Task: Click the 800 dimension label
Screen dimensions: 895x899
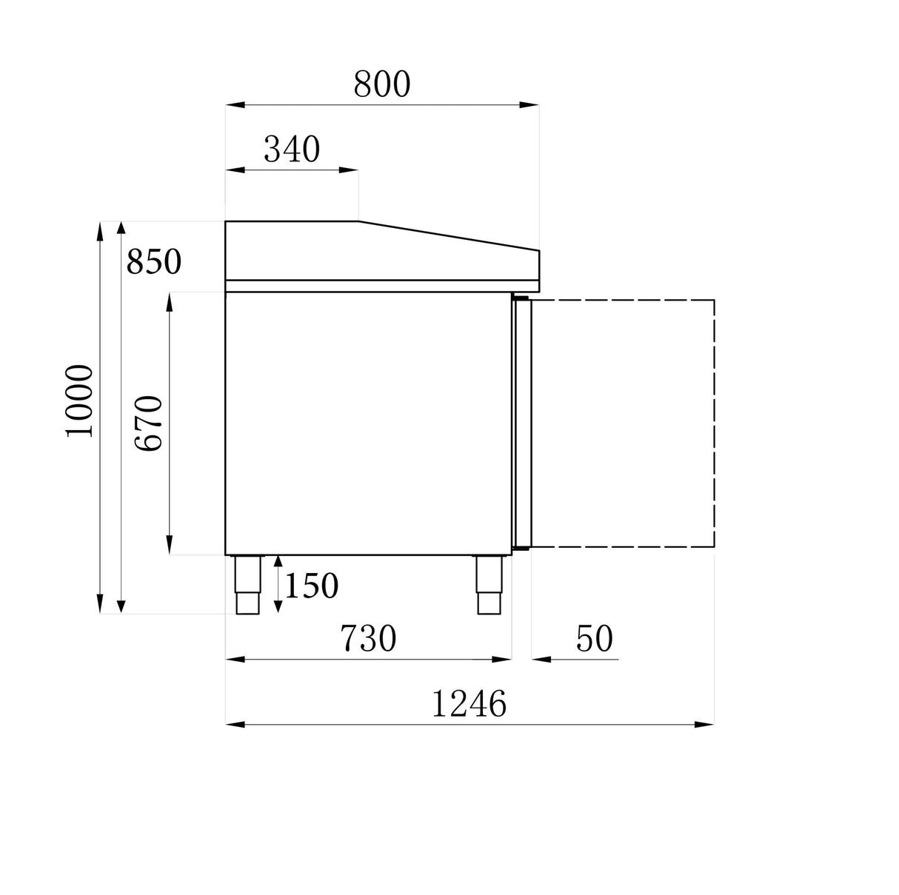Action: pyautogui.click(x=381, y=84)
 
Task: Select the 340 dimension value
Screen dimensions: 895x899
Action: pyautogui.click(x=292, y=150)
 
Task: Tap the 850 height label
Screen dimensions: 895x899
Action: pyautogui.click(x=153, y=261)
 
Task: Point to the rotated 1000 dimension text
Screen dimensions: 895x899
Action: pyautogui.click(x=80, y=400)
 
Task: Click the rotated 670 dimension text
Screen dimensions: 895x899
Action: pyautogui.click(x=148, y=423)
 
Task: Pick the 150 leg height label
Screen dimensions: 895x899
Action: pyautogui.click(x=311, y=586)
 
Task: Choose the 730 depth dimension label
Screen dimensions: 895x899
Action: pyautogui.click(x=368, y=638)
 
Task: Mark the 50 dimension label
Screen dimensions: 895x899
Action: pyautogui.click(x=595, y=638)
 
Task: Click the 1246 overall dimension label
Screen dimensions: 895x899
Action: pyautogui.click(x=469, y=703)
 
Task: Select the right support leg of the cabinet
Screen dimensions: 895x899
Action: pyautogui.click(x=489, y=584)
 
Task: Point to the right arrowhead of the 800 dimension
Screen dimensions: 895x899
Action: pyautogui.click(x=530, y=105)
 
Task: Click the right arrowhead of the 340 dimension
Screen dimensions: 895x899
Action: pyautogui.click(x=350, y=170)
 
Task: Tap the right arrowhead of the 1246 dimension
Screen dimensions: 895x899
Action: pyautogui.click(x=705, y=725)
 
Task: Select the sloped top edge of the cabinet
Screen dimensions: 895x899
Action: pyautogui.click(x=449, y=236)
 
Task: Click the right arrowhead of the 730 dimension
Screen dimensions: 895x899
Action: pyautogui.click(x=503, y=659)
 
